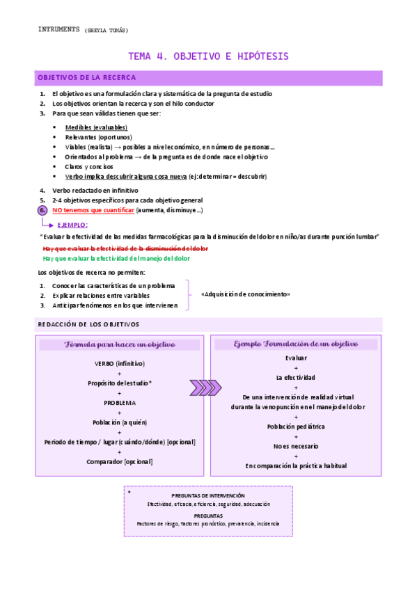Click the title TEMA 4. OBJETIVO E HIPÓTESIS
coord(208,56)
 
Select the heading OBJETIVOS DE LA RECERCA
coord(87,78)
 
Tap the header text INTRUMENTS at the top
coord(59,30)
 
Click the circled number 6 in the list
coord(42,209)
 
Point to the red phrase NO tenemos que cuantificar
coord(93,209)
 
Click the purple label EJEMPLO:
coord(72,225)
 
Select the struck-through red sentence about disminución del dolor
coord(125,248)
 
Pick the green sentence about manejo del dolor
coord(116,258)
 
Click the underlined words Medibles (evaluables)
coord(96,127)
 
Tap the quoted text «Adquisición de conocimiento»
coord(245,294)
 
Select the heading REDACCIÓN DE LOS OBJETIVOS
coord(88,324)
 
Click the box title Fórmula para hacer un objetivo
coord(120,345)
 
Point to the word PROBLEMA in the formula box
coord(120,402)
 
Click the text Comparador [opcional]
coord(120,461)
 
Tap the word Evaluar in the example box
coord(296,358)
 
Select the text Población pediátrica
coord(296,426)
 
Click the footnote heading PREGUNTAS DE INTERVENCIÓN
coord(208,495)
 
